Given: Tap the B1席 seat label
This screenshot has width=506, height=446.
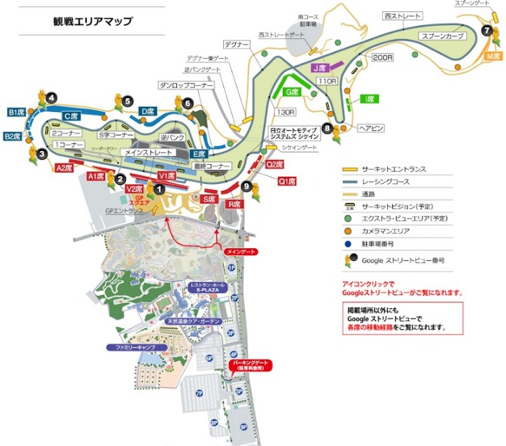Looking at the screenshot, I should coord(17,112).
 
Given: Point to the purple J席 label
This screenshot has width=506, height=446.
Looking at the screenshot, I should coord(321,68).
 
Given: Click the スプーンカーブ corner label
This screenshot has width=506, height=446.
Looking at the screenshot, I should coord(442,36).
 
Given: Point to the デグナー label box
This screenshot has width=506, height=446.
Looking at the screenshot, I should coord(238,45).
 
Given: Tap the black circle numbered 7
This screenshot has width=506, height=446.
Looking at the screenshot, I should coord(486,30).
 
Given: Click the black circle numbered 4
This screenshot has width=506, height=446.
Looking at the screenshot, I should coord(52,99).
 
